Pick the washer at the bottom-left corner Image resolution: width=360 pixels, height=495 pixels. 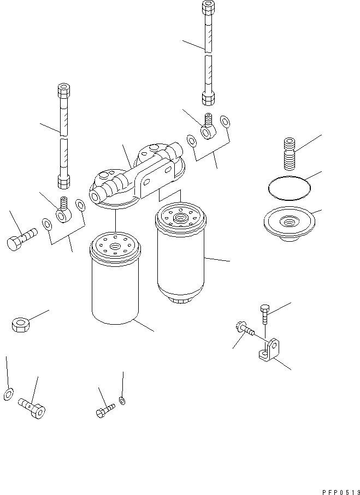pyautogui.click(x=8, y=393)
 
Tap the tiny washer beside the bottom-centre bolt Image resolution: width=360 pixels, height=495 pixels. pyautogui.click(x=122, y=402)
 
